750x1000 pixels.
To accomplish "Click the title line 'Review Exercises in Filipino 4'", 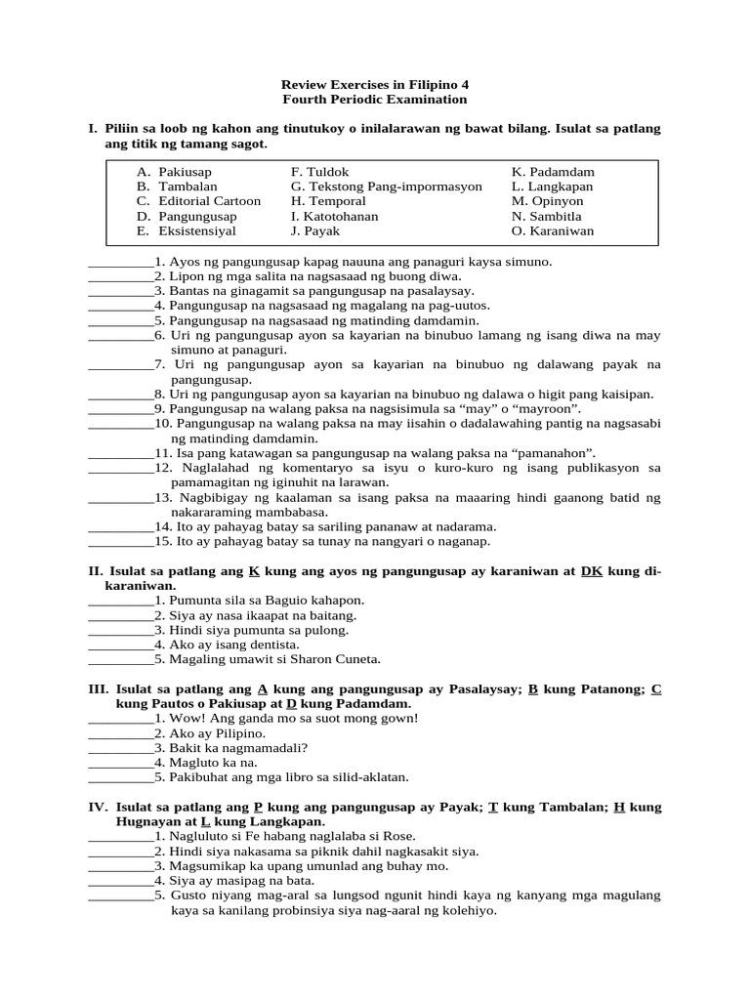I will [x=375, y=84].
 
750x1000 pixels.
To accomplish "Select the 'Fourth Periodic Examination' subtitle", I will [x=375, y=100].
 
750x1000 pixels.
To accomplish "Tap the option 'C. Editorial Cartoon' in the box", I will [x=199, y=201].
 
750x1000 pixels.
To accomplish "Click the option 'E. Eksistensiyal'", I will [x=187, y=231].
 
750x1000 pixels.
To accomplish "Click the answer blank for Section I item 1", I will [x=120, y=263].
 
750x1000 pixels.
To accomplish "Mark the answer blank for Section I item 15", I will [x=120, y=541].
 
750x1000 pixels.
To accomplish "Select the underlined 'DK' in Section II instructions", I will [x=592, y=570].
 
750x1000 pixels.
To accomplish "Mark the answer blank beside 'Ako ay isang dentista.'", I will [x=120, y=645].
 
